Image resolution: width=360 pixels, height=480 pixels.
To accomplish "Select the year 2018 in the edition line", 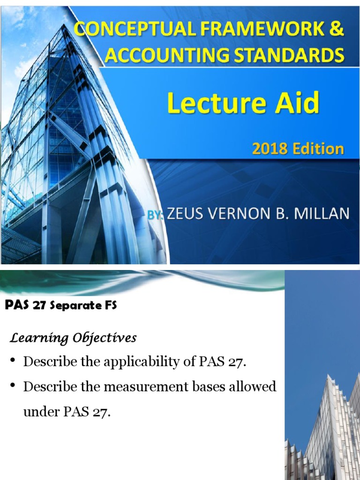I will (269, 149).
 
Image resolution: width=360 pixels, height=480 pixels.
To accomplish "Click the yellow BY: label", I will (155, 215).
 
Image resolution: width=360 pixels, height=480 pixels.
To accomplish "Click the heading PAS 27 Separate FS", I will (60, 306).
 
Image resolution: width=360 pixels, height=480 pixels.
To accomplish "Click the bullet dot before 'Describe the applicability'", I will (14, 361).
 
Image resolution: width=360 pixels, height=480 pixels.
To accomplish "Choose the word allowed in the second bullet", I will (250, 387).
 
